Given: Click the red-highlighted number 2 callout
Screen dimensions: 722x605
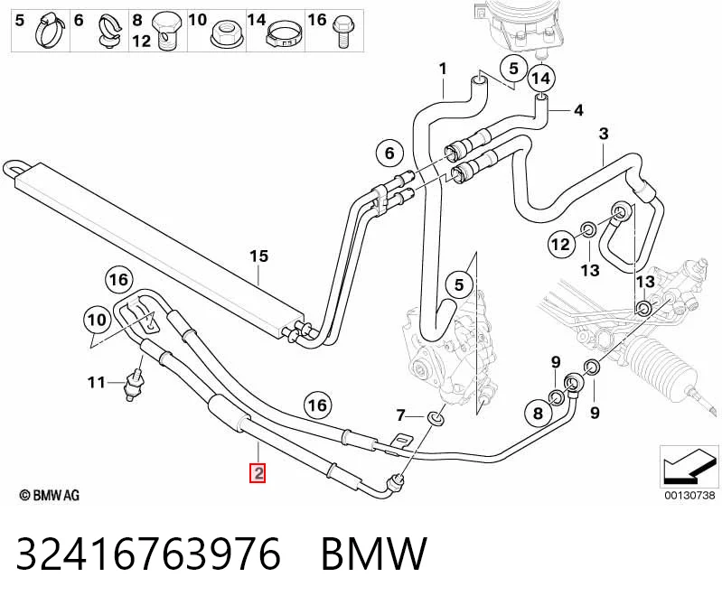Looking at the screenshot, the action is (258, 473).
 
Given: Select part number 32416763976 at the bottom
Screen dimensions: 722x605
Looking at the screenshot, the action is (148, 554).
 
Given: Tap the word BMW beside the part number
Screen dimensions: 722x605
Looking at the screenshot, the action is (374, 554).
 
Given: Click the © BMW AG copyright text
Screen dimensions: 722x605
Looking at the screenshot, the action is (50, 495).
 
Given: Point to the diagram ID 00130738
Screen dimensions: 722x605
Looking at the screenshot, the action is (689, 495).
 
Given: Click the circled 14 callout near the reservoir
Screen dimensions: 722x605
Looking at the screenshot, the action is (541, 79).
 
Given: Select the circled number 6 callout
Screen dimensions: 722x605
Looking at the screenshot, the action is (389, 153).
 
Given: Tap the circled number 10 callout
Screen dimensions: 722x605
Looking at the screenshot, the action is (97, 320).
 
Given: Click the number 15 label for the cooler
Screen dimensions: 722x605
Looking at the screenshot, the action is (258, 256).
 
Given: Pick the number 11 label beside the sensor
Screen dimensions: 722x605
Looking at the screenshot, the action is (96, 382).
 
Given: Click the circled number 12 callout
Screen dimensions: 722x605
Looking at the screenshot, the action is (560, 245).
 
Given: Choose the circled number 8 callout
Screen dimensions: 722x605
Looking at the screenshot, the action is (538, 414).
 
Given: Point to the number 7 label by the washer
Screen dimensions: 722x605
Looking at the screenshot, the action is (400, 416).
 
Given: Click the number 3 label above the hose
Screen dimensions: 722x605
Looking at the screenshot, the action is (604, 134).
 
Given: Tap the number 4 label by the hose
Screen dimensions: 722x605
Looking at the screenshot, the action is (578, 110).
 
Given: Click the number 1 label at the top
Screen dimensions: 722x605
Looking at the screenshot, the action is (443, 70).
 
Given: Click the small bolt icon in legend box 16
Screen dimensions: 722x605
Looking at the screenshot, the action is (342, 32).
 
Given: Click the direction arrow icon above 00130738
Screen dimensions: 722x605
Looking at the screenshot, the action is (689, 467).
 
